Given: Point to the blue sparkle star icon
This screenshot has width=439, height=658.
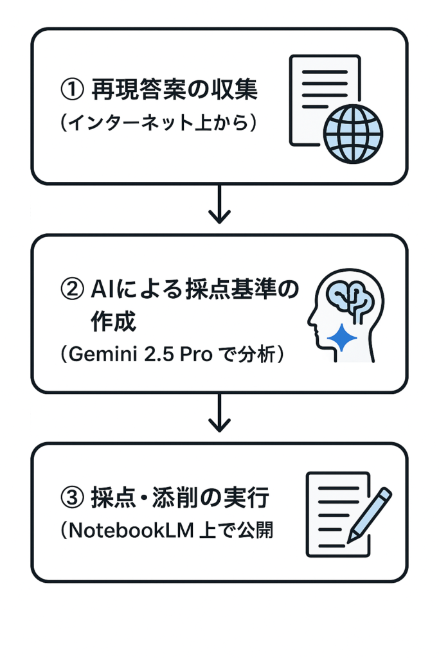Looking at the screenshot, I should coord(342,337).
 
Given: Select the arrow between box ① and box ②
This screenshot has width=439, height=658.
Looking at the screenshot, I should coord(220,205).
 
